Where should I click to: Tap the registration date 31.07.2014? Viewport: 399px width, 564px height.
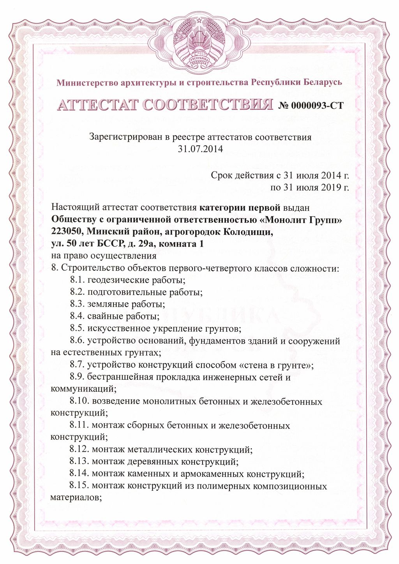[x=200, y=149]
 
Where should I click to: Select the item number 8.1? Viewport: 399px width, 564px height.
[x=77, y=280]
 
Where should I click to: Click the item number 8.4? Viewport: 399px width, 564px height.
[x=77, y=316]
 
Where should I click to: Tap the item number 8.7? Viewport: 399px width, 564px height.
[x=77, y=365]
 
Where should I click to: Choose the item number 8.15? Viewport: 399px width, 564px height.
[x=79, y=486]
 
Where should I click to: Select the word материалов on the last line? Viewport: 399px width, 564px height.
[x=76, y=498]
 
